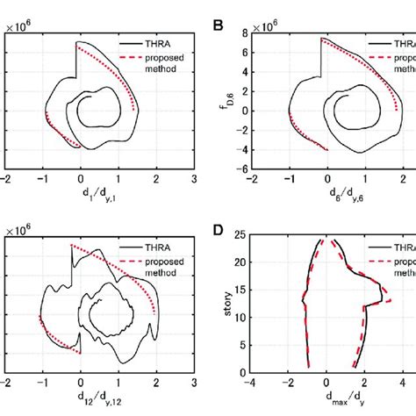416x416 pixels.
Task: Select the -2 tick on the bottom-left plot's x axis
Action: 7,383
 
